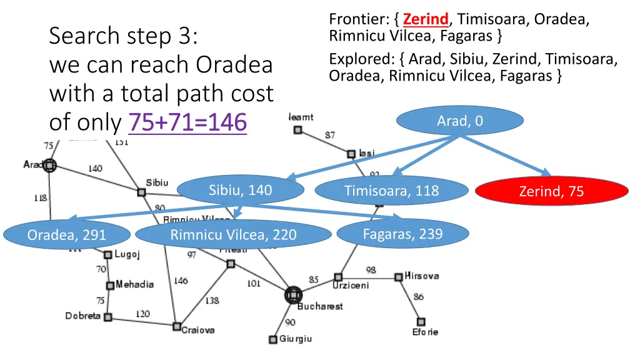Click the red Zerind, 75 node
click(x=551, y=191)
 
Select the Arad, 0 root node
click(x=459, y=121)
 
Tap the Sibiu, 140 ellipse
click(x=241, y=190)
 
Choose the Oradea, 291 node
click(x=67, y=235)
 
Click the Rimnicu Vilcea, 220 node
click(x=233, y=235)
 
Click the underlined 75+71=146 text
click(x=187, y=122)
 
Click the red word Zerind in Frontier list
click(x=426, y=19)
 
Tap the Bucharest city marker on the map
click(x=292, y=295)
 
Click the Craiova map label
click(x=198, y=330)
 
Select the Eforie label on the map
click(x=425, y=332)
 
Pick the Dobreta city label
click(x=83, y=316)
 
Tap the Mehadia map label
click(x=134, y=284)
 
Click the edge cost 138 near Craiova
click(x=212, y=300)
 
